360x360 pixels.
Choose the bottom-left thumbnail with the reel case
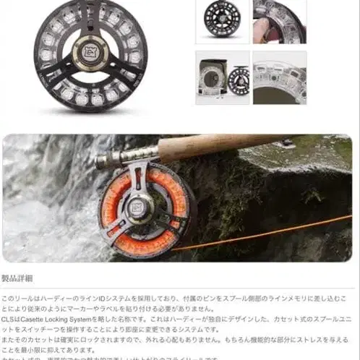(x=222, y=77)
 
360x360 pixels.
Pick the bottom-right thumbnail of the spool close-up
(x=279, y=77)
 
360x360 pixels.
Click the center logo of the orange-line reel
(x=141, y=208)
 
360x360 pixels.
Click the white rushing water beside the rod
(x=36, y=217)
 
